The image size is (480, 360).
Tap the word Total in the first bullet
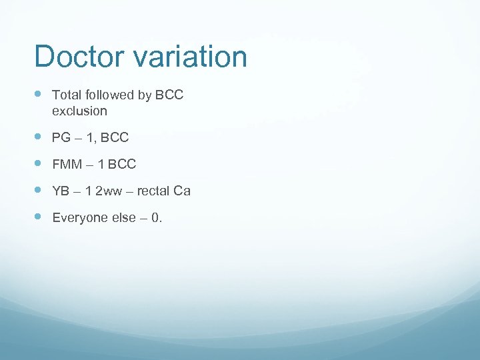[65, 95]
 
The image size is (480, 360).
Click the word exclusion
[79, 111]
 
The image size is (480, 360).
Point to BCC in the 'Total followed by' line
[169, 95]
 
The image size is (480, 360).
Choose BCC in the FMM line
[122, 165]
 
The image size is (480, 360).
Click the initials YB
[61, 191]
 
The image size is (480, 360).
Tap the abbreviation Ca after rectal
[182, 191]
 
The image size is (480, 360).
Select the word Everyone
[77, 218]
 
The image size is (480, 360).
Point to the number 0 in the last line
[156, 218]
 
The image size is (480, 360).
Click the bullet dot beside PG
[37, 137]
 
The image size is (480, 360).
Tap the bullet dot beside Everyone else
[37, 217]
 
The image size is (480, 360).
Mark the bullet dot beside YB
[37, 191]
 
